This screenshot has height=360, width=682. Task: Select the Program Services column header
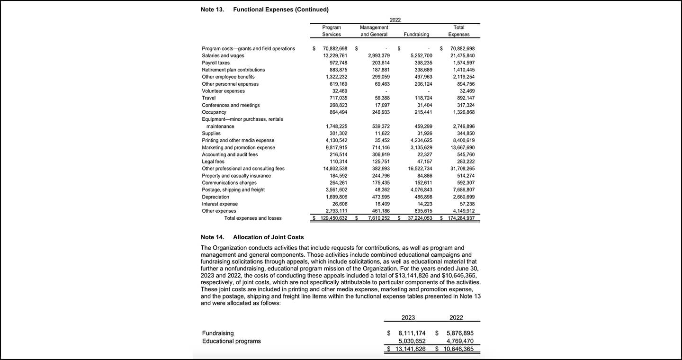[331, 31]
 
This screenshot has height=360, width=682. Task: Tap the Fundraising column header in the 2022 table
[416, 34]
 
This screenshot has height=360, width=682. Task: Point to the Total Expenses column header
[458, 31]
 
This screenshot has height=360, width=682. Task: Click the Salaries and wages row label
[223, 55]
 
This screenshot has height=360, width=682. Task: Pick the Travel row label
[208, 98]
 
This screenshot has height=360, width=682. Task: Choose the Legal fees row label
[213, 162]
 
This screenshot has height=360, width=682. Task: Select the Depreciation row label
[215, 197]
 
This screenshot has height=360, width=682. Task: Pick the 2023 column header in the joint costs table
[408, 317]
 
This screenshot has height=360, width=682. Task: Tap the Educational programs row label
[231, 341]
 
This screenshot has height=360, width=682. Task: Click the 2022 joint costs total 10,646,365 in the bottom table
[457, 349]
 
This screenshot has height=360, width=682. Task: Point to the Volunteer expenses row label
[223, 91]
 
